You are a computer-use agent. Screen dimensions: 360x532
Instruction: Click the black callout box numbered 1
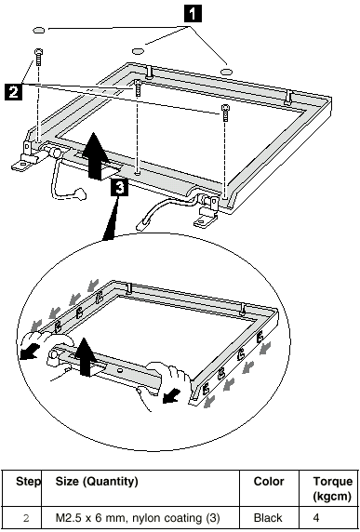[193, 14]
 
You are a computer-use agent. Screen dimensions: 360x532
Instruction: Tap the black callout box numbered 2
[14, 91]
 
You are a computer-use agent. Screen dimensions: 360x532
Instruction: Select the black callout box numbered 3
[119, 188]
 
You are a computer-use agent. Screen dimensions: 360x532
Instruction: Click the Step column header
[28, 481]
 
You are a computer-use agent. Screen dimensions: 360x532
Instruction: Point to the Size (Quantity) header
[97, 481]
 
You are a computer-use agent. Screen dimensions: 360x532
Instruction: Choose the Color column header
[269, 481]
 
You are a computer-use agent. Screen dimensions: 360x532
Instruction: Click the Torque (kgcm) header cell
[327, 488]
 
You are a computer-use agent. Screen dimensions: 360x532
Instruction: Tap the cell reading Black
[268, 518]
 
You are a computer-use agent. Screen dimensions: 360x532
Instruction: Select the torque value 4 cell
[316, 518]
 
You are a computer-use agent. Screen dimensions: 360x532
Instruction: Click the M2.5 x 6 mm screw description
[138, 518]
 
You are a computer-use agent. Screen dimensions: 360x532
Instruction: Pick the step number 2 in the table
[26, 518]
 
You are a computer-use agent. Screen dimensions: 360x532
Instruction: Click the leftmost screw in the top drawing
[38, 57]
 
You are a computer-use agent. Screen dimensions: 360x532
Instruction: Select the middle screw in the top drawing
[137, 87]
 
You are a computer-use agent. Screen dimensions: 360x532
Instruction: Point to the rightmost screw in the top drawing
[225, 113]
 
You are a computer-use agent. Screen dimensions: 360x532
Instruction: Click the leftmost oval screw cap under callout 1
[39, 30]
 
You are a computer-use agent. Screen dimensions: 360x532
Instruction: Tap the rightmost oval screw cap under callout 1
[227, 72]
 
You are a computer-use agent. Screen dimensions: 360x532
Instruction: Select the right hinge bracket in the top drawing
[207, 212]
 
